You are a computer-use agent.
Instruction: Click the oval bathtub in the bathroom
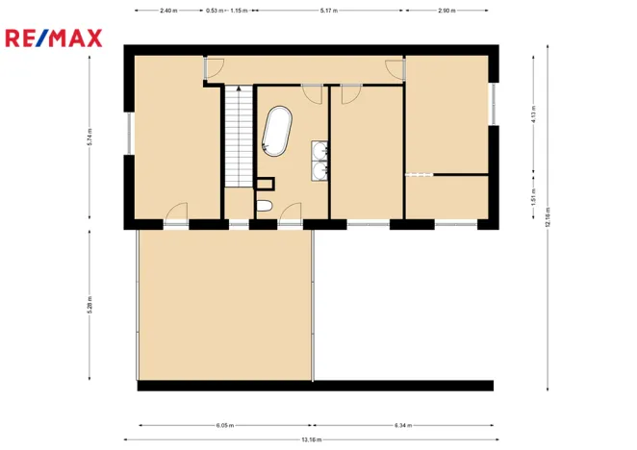click(x=276, y=132)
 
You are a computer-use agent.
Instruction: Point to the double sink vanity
click(x=320, y=161)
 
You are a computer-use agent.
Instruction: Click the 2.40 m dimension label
click(x=168, y=10)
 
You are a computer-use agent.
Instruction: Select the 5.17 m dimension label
click(x=328, y=10)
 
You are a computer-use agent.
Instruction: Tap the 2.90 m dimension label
click(x=446, y=10)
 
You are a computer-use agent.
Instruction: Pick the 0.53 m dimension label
click(x=214, y=10)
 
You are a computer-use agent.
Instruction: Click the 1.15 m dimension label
click(x=238, y=10)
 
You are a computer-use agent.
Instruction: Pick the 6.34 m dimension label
click(x=402, y=425)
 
